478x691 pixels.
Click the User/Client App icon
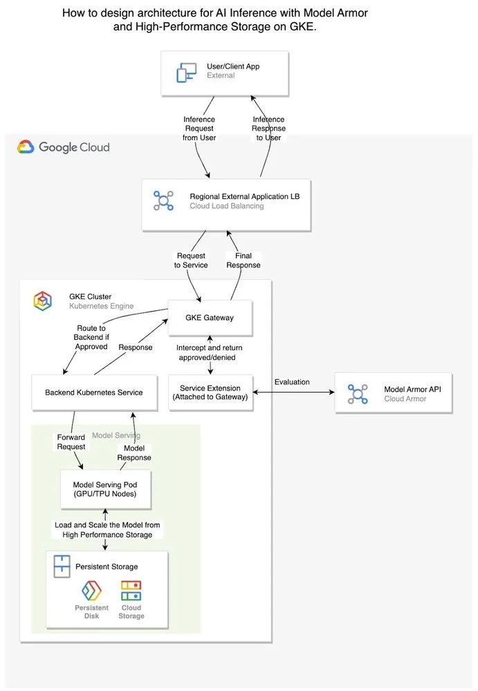pyautogui.click(x=186, y=71)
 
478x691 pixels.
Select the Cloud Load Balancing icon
pyautogui.click(x=163, y=201)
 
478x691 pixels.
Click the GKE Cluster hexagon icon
pyautogui.click(x=43, y=301)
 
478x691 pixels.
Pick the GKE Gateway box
pyautogui.click(x=210, y=318)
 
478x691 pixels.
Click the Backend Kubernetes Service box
pyautogui.click(x=94, y=392)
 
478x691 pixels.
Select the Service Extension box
pyautogui.click(x=210, y=392)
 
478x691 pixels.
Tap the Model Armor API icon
pyautogui.click(x=358, y=394)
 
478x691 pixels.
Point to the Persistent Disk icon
pyautogui.click(x=92, y=591)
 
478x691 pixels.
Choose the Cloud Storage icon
pyautogui.click(x=131, y=591)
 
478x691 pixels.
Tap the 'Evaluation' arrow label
pyautogui.click(x=292, y=381)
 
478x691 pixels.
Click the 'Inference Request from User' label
pyautogui.click(x=199, y=129)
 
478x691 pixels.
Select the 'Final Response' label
pyautogui.click(x=243, y=261)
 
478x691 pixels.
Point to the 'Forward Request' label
pyautogui.click(x=71, y=442)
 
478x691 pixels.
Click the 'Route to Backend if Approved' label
pyautogui.click(x=91, y=337)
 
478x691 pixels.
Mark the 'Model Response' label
pyautogui.click(x=133, y=453)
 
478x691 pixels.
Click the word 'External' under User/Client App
pyautogui.click(x=221, y=75)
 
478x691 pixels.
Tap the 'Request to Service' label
pyautogui.click(x=191, y=261)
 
